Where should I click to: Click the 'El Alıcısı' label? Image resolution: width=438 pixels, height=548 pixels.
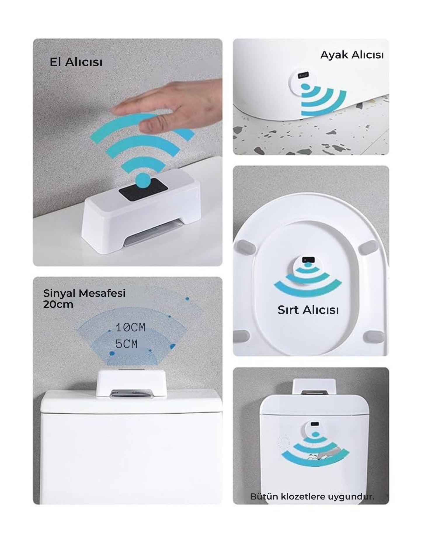(76, 62)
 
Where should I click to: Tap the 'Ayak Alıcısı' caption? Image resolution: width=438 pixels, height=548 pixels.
(352, 55)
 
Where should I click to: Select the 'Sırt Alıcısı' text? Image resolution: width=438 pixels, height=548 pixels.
(308, 310)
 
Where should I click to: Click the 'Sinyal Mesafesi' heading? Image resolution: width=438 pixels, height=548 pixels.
(84, 293)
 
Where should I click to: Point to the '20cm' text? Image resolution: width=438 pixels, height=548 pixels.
(58, 304)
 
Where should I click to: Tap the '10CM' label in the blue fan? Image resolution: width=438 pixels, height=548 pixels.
(130, 327)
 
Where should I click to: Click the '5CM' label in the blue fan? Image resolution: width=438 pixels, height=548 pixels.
(126, 344)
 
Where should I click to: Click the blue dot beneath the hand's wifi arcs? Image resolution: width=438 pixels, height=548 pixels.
(143, 180)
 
